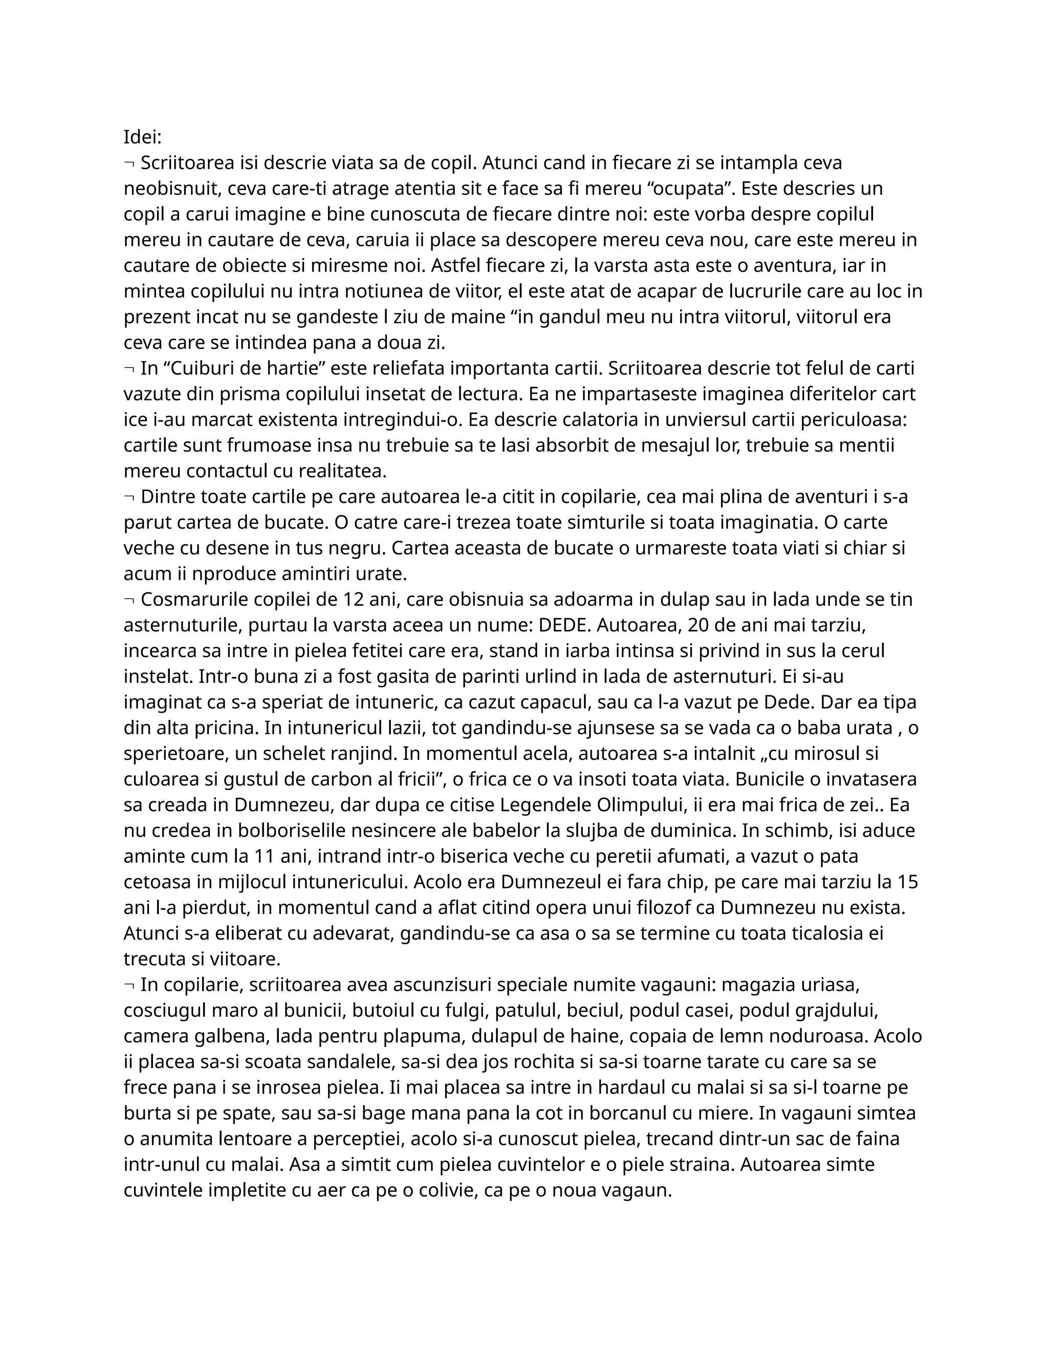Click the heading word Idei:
[142, 137]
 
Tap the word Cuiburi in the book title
[201, 368]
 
